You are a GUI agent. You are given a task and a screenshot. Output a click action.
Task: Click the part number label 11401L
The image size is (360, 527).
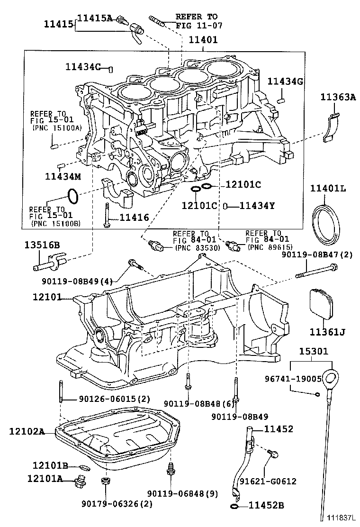328,189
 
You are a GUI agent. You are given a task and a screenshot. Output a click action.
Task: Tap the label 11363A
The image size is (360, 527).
337,97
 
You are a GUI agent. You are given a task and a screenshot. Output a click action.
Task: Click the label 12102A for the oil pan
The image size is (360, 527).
27,431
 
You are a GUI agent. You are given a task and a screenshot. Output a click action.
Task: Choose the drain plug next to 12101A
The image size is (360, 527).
81,482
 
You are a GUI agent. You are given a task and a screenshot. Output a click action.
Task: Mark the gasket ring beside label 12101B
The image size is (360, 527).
82,467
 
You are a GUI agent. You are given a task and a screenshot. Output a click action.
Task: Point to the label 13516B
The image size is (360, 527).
42,245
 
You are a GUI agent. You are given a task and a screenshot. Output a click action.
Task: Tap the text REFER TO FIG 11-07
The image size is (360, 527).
199,21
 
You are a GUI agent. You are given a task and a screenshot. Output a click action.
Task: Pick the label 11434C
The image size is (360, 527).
84,67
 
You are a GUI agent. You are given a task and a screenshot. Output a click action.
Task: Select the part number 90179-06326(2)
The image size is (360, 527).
117,504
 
